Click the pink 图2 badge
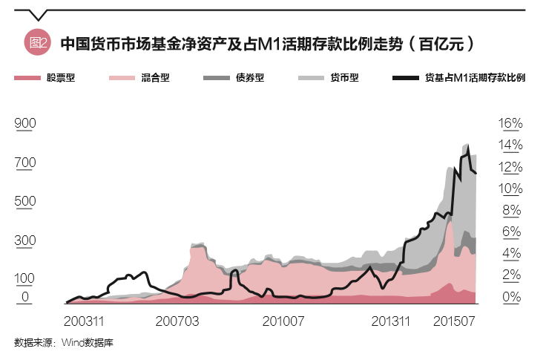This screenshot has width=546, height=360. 36,44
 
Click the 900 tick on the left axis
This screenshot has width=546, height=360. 26,123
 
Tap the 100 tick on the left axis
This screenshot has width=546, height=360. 26,278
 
